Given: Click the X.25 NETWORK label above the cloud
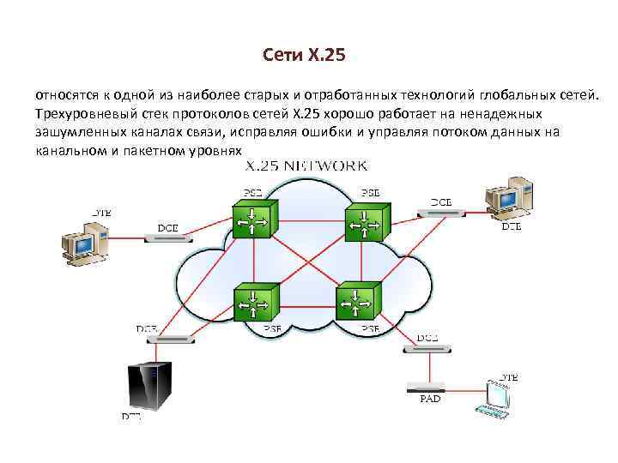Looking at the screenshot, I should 307,164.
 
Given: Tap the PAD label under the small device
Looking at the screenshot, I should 430,400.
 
